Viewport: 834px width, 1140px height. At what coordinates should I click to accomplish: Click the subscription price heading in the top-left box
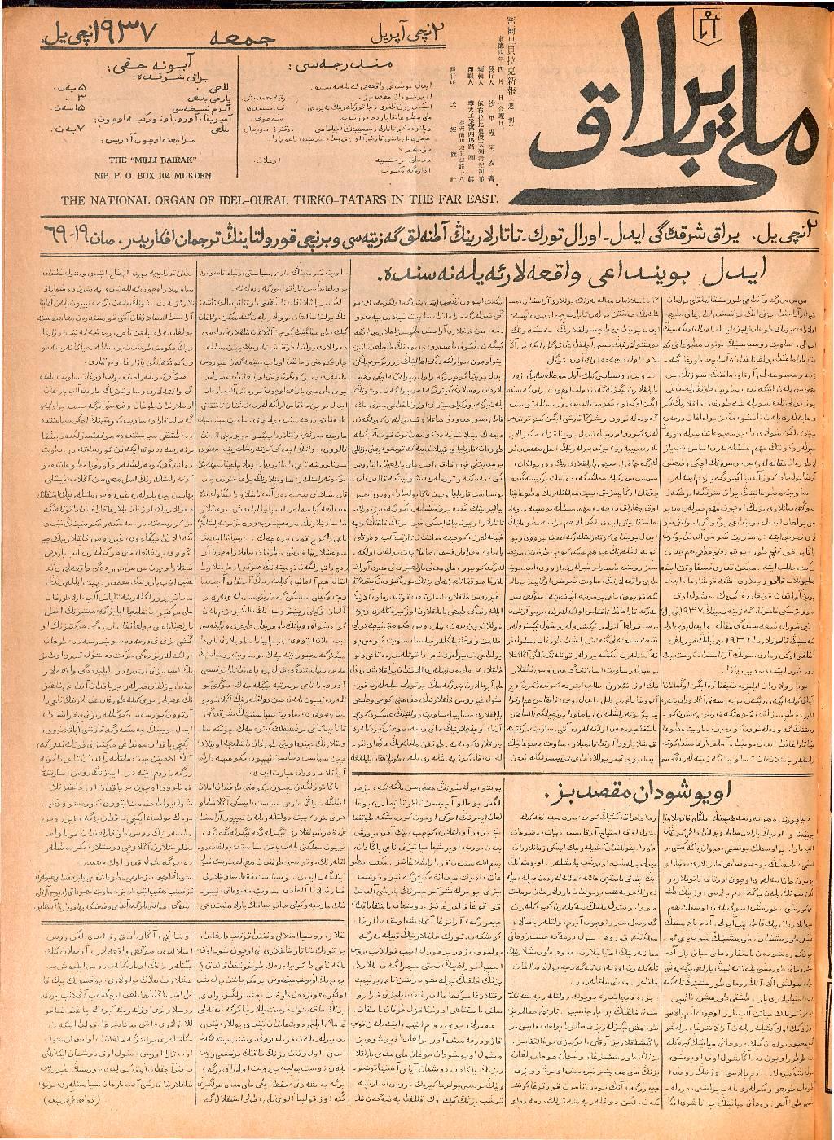(x=160, y=59)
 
